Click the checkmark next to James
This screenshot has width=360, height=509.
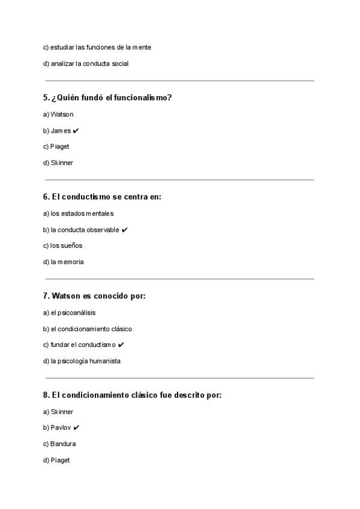pos(76,131)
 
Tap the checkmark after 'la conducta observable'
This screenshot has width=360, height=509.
pos(124,230)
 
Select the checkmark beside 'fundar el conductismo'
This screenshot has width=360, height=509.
pos(121,345)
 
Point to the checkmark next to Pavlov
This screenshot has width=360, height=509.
pos(76,428)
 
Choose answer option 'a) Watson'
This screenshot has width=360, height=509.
pos(58,115)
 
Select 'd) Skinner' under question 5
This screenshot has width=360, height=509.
pos(58,163)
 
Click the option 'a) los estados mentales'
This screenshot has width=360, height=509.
pos(78,214)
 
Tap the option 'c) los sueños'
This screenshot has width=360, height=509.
pos(62,245)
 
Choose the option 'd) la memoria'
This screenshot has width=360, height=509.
pos(63,262)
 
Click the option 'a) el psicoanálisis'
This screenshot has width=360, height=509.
pos(69,313)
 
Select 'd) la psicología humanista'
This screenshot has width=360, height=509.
pos(82,361)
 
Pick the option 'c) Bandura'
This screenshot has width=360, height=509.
pos(59,444)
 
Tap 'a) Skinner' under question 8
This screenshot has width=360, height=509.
pos(58,412)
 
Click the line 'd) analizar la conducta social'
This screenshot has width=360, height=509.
pos(86,64)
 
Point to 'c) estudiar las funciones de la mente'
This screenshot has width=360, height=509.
pos(97,47)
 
